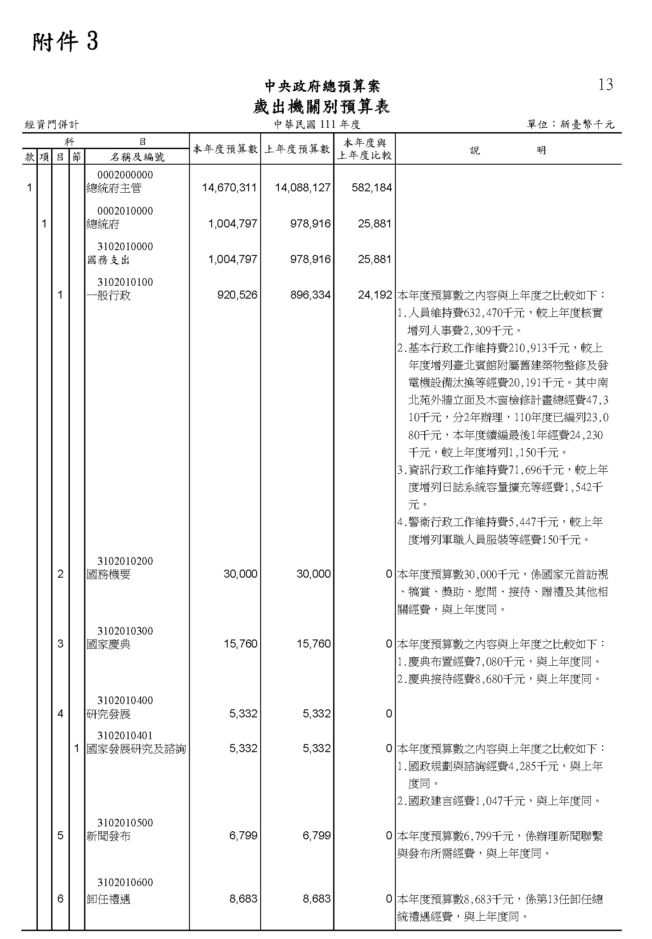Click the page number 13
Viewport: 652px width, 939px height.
tap(606, 85)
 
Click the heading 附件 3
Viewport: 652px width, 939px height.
tap(65, 43)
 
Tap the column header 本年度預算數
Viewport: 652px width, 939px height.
tap(225, 149)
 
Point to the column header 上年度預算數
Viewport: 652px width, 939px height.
tap(297, 149)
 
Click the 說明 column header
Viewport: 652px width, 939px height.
tap(508, 150)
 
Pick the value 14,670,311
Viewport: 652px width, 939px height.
tap(229, 188)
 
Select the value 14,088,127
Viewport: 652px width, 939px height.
tap(303, 188)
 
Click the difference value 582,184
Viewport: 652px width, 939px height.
tap(372, 188)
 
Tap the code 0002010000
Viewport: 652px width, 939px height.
tap(125, 211)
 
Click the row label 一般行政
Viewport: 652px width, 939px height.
tap(109, 295)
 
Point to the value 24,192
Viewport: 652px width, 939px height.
tap(375, 295)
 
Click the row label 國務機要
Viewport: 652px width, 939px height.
tap(109, 575)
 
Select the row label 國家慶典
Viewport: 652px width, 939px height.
tap(109, 644)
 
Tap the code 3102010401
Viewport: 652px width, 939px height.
tap(125, 736)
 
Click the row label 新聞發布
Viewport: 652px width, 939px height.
tap(109, 836)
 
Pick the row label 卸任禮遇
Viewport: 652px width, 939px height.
tap(109, 899)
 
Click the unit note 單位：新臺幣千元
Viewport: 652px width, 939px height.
tap(571, 125)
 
